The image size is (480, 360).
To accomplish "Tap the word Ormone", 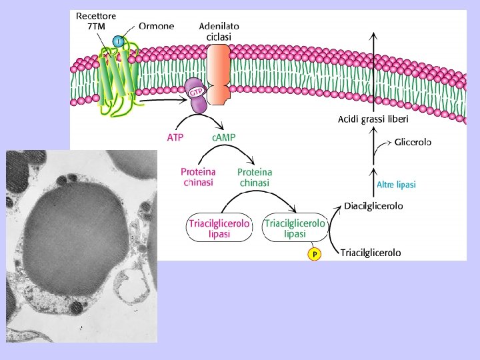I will pos(157,26).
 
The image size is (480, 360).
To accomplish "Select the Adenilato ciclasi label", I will pos(219,31).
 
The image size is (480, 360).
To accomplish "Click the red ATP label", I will pos(175,137).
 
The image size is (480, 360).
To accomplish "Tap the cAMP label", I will pos(223,137).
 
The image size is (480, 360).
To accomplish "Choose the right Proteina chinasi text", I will pos(255,177).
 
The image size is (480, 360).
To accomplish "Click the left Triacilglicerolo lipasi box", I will pos(219,229).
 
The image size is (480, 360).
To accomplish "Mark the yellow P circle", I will pos(314,254).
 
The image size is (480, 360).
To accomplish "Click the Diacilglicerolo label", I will pos(373,207).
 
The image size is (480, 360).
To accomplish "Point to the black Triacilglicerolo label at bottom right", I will pos(371,253).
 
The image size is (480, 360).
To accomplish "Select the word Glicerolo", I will pos(413,142).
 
